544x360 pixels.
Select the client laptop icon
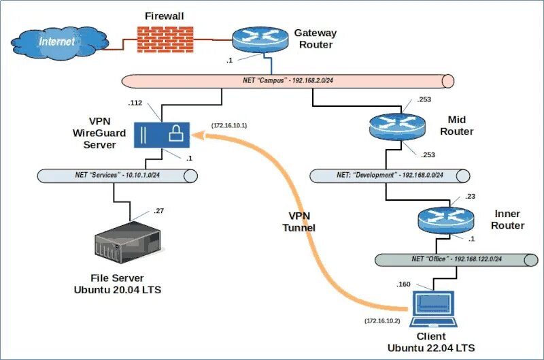pyautogui.click(x=434, y=308)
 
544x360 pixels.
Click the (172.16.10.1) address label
pyautogui.click(x=229, y=126)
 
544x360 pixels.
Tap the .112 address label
pyautogui.click(x=135, y=103)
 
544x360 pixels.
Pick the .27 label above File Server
pyautogui.click(x=158, y=211)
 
